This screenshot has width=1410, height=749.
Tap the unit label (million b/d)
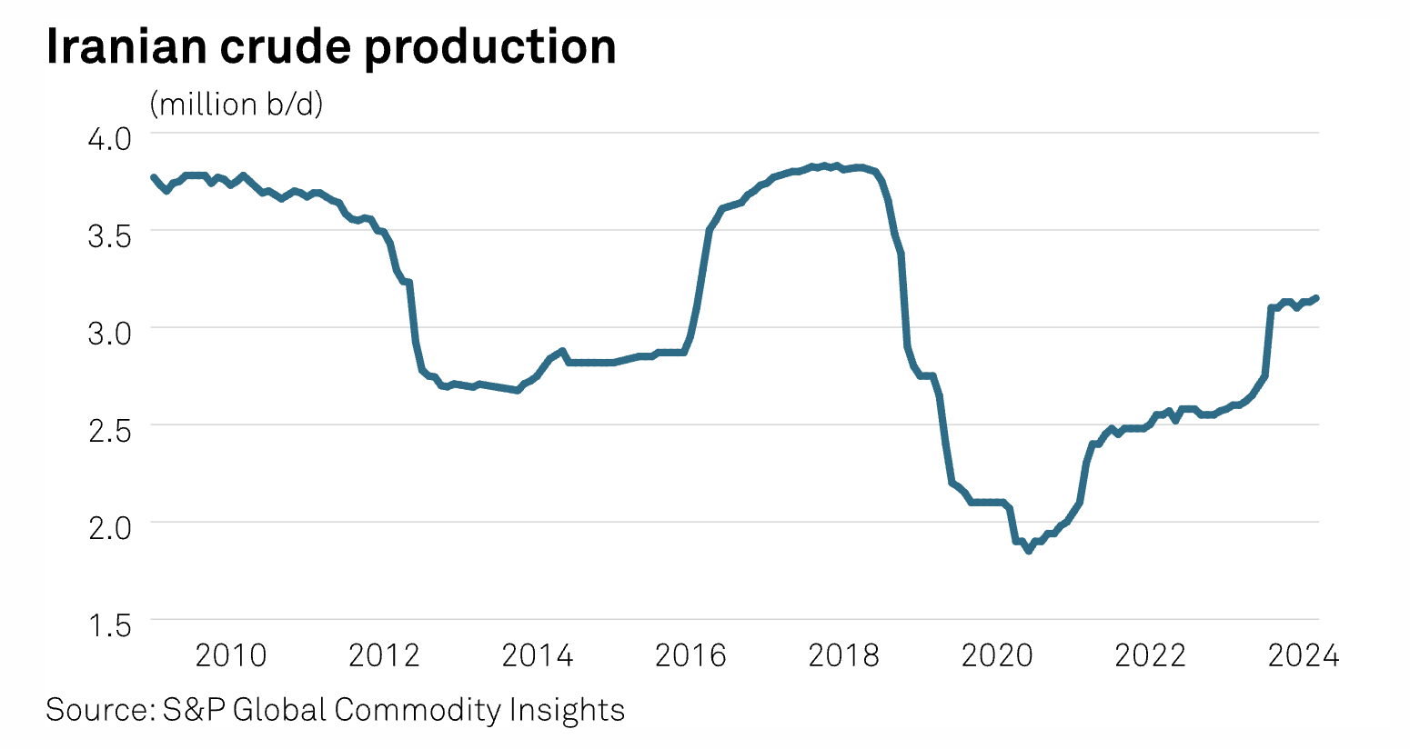(x=237, y=105)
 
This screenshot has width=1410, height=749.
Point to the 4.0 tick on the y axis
(x=109, y=138)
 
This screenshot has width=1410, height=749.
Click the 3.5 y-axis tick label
(x=109, y=235)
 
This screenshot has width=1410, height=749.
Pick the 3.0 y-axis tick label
(x=109, y=333)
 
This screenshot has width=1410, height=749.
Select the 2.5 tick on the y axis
(x=109, y=430)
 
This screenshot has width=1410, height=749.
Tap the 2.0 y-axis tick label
(x=109, y=527)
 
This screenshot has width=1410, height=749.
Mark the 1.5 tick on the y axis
(x=109, y=625)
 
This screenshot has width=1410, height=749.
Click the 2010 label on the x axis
(x=231, y=655)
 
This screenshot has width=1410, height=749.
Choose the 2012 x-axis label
(x=384, y=655)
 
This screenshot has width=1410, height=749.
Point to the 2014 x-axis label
(x=538, y=655)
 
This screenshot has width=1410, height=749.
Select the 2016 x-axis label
(x=690, y=655)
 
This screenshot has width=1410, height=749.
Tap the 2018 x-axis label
(x=844, y=655)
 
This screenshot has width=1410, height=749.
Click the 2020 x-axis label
(x=997, y=655)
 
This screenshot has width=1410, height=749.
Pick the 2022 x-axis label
(x=1151, y=655)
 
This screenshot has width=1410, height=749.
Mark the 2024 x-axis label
(x=1304, y=655)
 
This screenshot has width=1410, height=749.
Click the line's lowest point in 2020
(x=1029, y=551)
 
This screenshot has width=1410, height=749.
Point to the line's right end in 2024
(x=1317, y=298)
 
